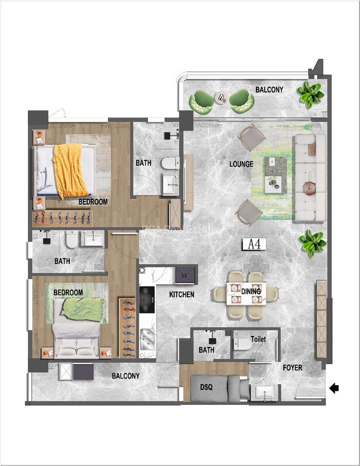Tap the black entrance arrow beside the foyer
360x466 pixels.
pos(334,388)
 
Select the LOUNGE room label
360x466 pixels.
pos(241,164)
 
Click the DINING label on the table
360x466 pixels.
pos(251,292)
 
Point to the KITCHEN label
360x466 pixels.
pos(182,295)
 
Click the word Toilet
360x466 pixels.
pos(258,339)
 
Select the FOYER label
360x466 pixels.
pos(293,368)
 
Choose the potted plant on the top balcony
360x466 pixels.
pos(310,94)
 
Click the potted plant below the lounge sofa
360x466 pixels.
pos(313,242)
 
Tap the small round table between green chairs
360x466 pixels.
pos(221,97)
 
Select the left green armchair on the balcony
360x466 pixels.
pos(201,101)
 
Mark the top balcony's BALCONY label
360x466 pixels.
pos(269,90)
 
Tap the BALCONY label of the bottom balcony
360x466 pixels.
pos(125,376)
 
